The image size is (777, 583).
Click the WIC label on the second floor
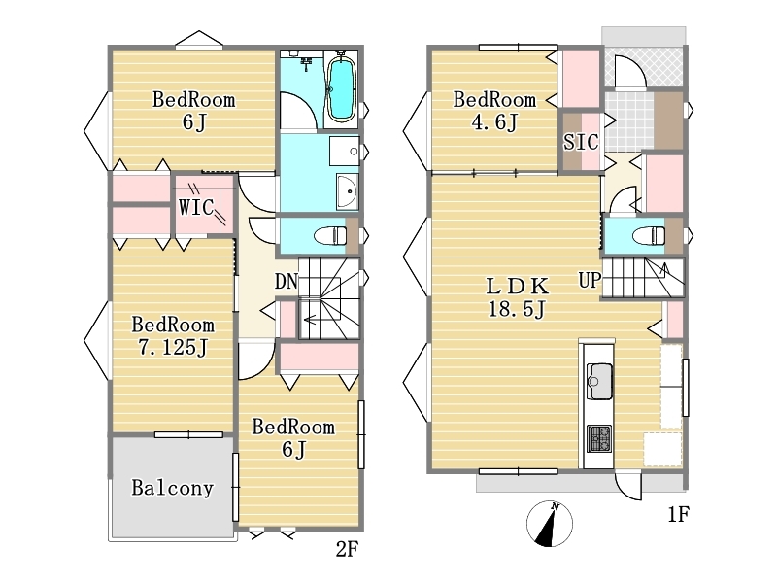(196, 207)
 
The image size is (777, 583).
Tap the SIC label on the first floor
(581, 142)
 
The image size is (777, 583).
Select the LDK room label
(518, 286)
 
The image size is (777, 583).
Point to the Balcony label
(172, 488)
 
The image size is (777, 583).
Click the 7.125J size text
(173, 348)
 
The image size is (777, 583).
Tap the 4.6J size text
(494, 122)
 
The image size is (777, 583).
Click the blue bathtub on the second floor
(341, 89)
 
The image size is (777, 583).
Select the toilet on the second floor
(330, 234)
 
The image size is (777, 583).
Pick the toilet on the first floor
(649, 235)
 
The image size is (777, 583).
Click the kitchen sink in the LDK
(599, 381)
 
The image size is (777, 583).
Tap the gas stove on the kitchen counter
(599, 439)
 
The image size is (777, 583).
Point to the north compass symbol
(550, 524)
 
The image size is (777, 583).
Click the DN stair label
(287, 282)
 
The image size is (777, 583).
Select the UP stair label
(590, 280)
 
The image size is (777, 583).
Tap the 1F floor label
(678, 515)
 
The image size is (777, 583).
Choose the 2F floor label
(347, 549)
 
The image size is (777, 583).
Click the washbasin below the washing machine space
(347, 191)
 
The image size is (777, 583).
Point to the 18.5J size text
(517, 309)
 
